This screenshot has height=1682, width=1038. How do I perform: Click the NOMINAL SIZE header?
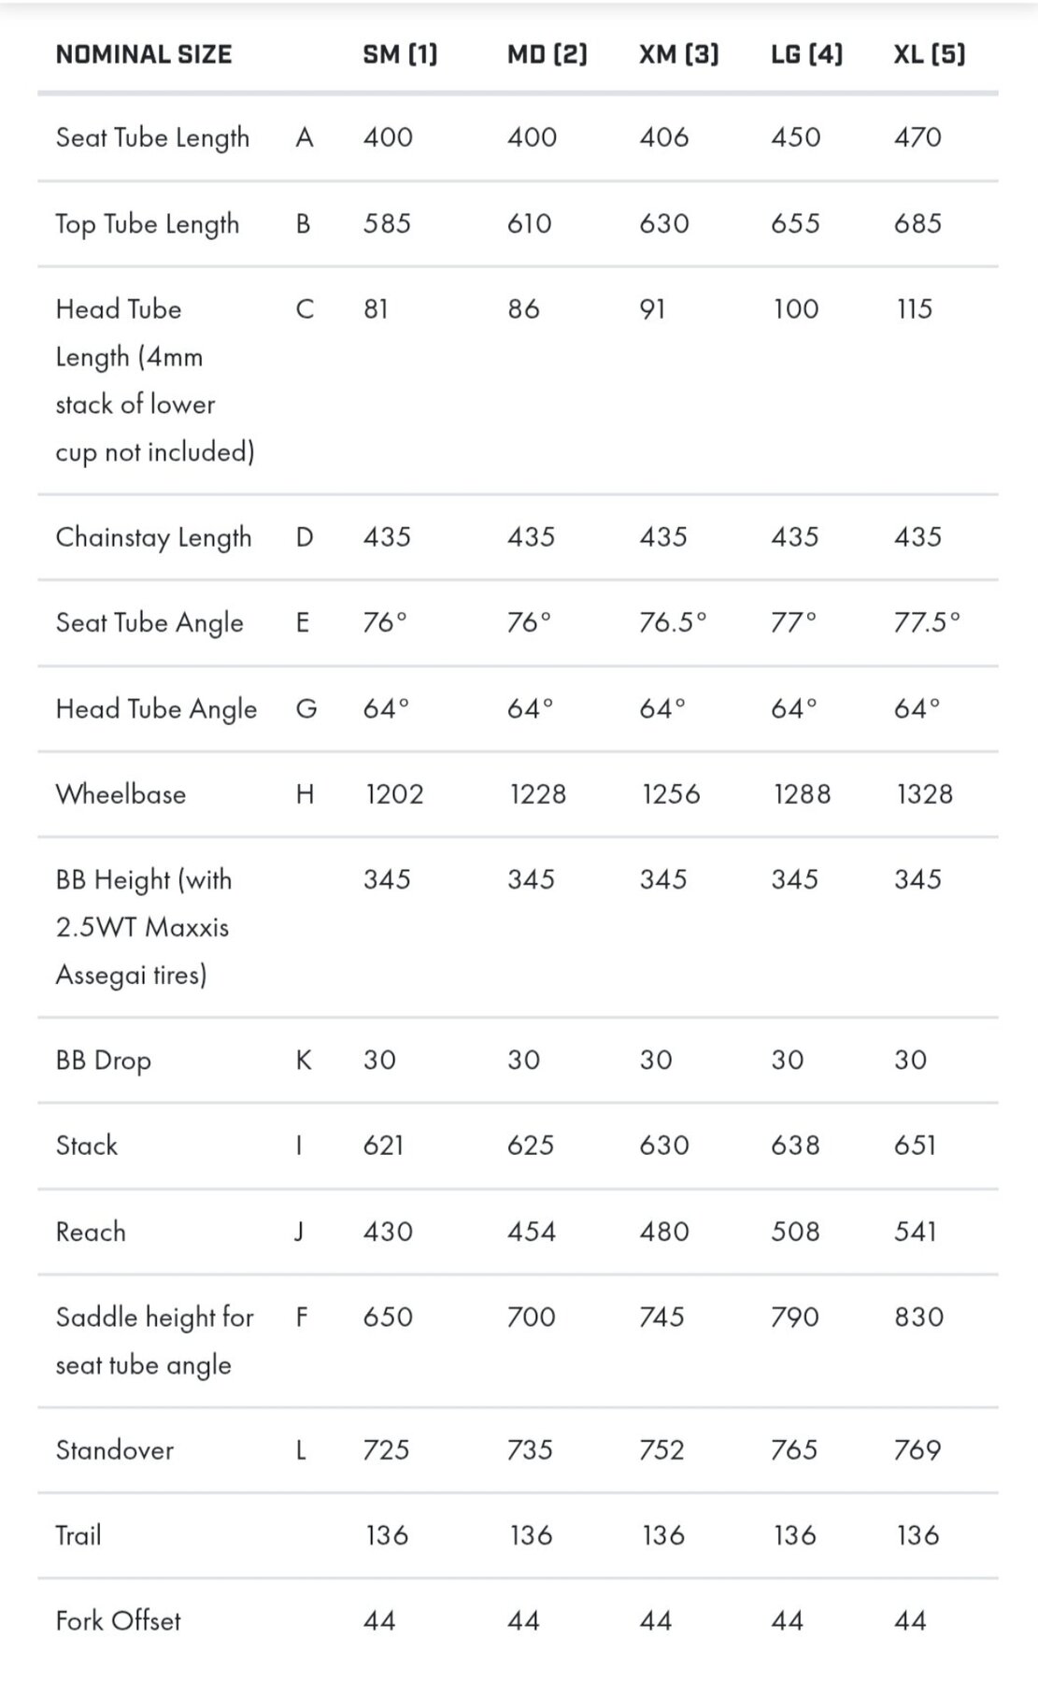tap(144, 54)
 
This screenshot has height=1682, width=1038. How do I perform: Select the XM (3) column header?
tap(679, 54)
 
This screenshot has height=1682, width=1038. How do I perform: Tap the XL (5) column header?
tap(929, 54)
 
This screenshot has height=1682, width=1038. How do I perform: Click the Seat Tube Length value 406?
tap(664, 137)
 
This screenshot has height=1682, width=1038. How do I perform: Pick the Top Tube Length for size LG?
tap(795, 223)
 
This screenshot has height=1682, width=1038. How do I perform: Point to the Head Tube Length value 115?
tap(915, 309)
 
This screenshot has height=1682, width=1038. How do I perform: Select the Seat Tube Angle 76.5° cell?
tap(673, 622)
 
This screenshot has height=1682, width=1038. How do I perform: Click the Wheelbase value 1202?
tap(394, 794)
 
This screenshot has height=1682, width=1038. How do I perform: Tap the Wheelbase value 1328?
tap(924, 794)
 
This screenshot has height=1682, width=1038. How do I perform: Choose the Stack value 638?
tap(795, 1146)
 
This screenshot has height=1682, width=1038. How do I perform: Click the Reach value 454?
tap(531, 1232)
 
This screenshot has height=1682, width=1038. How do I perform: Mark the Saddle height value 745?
tap(661, 1318)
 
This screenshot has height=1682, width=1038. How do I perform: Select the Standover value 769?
tap(917, 1450)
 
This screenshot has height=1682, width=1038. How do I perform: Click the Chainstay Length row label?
tap(154, 537)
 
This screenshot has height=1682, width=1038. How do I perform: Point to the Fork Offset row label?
tap(119, 1620)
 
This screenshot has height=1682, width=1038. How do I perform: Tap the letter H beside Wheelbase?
tap(305, 794)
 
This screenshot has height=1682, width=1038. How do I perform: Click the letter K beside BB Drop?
tap(304, 1060)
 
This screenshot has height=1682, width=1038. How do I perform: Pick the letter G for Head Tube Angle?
tap(306, 709)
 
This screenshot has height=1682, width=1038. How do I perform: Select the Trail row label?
tap(78, 1535)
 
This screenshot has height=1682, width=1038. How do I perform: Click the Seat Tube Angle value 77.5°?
tap(927, 622)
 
